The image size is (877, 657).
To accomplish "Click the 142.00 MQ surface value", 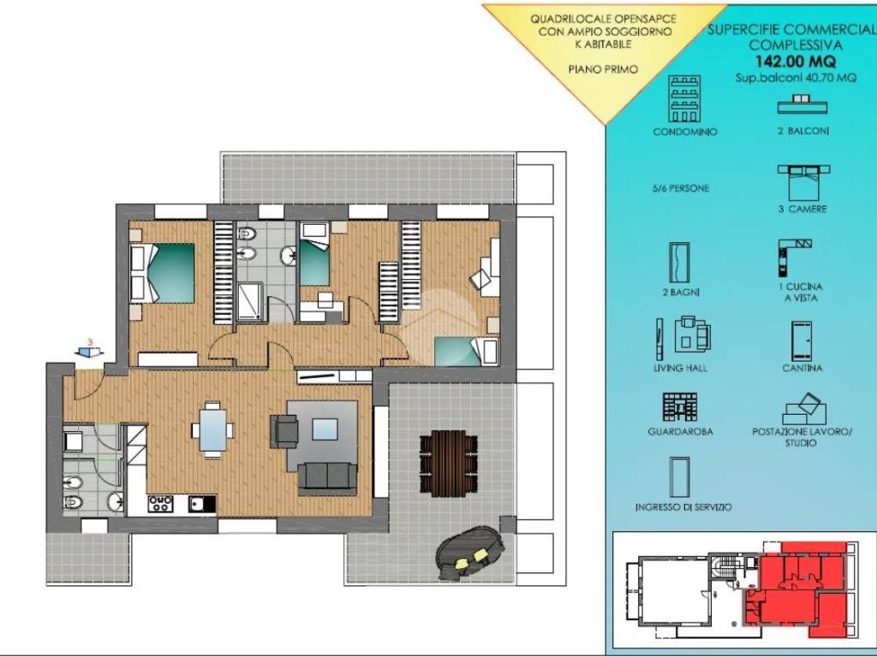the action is [x=796, y=61].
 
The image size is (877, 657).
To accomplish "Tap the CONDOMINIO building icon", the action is [x=684, y=98].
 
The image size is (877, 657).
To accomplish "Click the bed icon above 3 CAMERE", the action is [x=803, y=182].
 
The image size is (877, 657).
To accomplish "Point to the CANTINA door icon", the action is [x=802, y=340].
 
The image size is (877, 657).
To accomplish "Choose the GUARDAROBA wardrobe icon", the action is [x=680, y=407].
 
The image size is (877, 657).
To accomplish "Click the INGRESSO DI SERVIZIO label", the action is [x=683, y=506].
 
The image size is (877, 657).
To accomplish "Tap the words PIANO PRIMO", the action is [x=603, y=69].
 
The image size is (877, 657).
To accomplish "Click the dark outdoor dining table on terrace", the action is [x=449, y=463].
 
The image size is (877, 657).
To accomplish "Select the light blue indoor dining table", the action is [x=212, y=429].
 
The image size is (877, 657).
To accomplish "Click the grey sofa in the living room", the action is [x=327, y=479].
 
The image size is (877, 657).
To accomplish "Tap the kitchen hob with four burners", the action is [x=160, y=503].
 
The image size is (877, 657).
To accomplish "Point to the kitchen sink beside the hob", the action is [x=197, y=504].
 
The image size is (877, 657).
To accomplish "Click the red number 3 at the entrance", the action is [x=90, y=342].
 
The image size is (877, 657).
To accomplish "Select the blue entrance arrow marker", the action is [x=89, y=352].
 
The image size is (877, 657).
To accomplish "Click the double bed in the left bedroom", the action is [x=162, y=273].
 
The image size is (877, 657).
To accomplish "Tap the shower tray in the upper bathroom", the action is [x=250, y=302].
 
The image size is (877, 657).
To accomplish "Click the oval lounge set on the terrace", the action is [x=470, y=553].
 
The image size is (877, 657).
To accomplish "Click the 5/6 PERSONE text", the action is [x=680, y=188].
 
